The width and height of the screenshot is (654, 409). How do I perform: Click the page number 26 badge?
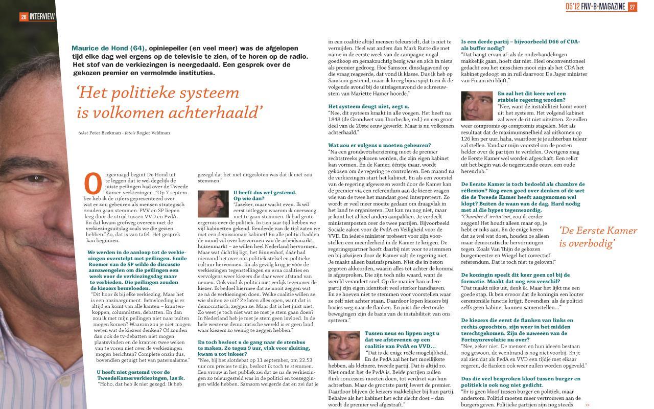tap(24, 17)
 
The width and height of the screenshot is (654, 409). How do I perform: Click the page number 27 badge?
tap(632, 7)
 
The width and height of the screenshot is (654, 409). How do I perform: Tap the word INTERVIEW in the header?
tap(42, 17)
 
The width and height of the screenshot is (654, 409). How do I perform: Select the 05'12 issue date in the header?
tap(572, 7)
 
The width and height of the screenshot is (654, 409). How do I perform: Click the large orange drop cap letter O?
tap(93, 183)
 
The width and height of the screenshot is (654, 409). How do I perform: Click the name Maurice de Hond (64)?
tap(109, 48)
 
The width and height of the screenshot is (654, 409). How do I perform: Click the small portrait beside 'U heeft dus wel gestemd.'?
tap(213, 204)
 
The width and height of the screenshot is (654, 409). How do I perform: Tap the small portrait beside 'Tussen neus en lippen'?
tap(343, 345)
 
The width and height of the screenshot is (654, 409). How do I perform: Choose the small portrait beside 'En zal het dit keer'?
tap(477, 106)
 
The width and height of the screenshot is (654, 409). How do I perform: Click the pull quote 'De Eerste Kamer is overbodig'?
tap(598, 237)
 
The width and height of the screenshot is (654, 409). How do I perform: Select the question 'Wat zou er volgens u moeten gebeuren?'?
tap(380, 145)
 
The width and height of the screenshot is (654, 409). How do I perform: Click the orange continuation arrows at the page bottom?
tap(588, 405)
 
